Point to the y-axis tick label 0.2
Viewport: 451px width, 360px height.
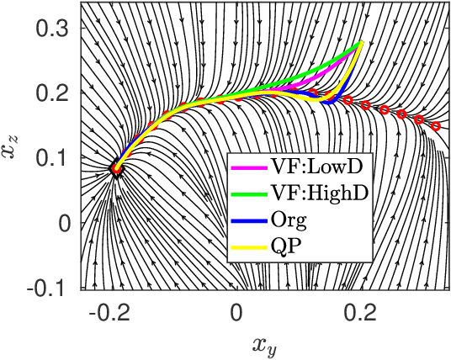point(52,93)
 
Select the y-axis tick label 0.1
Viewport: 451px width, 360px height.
point(52,158)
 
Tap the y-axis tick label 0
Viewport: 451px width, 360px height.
point(66,223)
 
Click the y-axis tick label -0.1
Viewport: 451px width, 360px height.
point(49,288)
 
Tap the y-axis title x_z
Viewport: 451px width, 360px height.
point(15,154)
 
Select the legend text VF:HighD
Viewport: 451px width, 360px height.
point(321,192)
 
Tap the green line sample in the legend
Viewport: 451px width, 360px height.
point(248,192)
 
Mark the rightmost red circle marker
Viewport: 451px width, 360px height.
point(436,126)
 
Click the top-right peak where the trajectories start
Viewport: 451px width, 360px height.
point(361,42)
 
